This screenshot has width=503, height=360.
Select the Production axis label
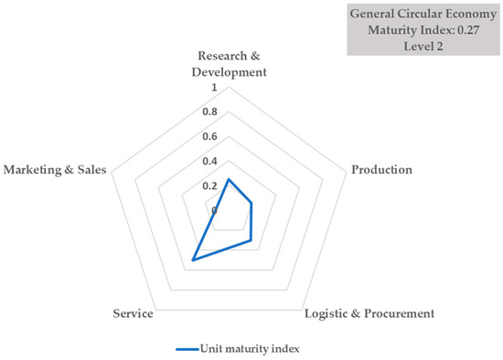[381, 170]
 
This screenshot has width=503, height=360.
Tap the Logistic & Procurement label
[368, 313]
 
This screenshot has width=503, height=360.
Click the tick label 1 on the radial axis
[214, 89]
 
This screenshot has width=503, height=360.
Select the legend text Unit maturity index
[250, 347]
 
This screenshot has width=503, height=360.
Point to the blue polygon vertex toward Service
[192, 260]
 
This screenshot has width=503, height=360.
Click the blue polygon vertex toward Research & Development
[227, 179]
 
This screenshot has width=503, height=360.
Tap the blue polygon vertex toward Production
[251, 204]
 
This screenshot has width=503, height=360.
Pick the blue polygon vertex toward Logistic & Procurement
[251, 241]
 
